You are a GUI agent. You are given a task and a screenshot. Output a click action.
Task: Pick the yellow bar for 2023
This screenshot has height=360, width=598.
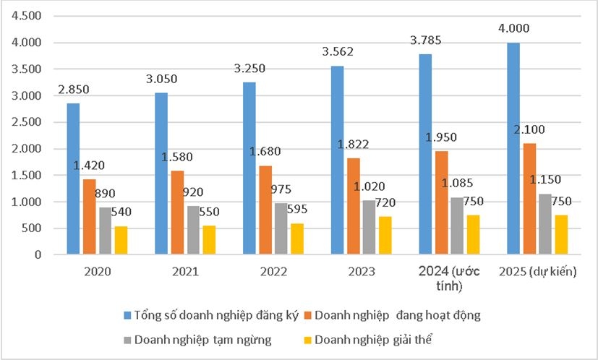[x=385, y=236]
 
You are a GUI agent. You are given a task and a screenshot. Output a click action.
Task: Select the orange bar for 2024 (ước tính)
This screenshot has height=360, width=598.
[x=441, y=202]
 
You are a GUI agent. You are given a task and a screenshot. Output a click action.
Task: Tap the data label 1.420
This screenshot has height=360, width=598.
[x=90, y=166]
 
